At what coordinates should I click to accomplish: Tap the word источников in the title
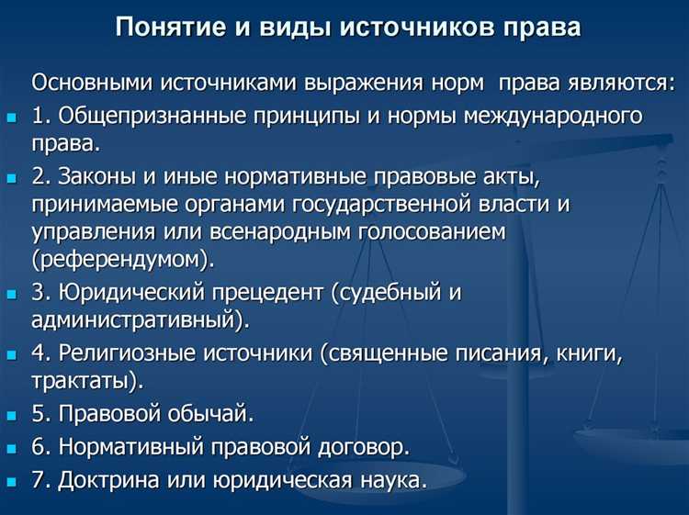tap(396, 27)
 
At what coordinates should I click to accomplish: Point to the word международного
tap(564, 117)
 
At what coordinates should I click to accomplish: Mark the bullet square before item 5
tap(11, 415)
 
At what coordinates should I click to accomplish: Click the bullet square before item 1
tap(11, 118)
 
